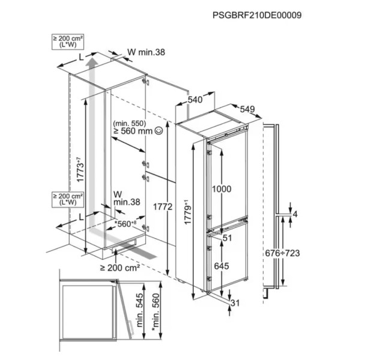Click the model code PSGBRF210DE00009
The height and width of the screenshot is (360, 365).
(x=257, y=16)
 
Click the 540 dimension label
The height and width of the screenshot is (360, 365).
(x=195, y=100)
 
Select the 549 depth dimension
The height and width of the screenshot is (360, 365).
(x=247, y=109)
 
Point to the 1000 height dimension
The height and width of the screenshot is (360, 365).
(x=222, y=189)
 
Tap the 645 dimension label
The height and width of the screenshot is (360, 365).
(x=222, y=266)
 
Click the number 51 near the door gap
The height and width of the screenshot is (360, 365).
(x=228, y=238)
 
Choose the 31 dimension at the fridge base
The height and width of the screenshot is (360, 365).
(x=235, y=303)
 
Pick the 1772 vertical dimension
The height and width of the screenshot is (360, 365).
(x=163, y=206)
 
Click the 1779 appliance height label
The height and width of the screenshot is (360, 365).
(x=188, y=212)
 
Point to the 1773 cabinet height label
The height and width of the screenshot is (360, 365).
(x=80, y=170)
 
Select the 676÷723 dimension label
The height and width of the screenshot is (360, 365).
(x=282, y=253)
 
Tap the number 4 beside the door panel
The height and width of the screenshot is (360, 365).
(x=295, y=214)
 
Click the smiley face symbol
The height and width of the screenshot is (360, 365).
(x=158, y=131)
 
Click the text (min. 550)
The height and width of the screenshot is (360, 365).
(x=130, y=123)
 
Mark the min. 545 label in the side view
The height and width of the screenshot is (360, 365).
(x=140, y=310)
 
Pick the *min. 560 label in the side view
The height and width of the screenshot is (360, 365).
(x=155, y=311)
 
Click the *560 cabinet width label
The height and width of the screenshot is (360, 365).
(x=125, y=224)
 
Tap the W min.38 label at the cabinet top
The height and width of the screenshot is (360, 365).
(x=146, y=52)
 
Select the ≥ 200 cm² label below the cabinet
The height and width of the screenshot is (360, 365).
(x=120, y=268)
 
